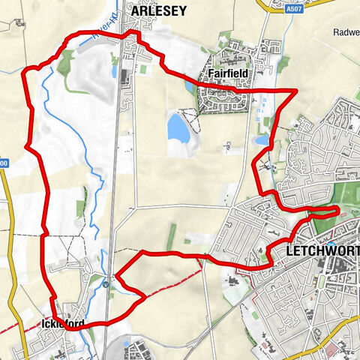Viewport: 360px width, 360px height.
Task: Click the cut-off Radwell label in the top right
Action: click(346, 32)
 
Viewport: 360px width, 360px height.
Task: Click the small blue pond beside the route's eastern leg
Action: click(262, 139)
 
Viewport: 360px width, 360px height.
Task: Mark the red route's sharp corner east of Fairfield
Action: click(297, 91)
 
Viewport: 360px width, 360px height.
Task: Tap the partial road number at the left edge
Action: click(4, 162)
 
